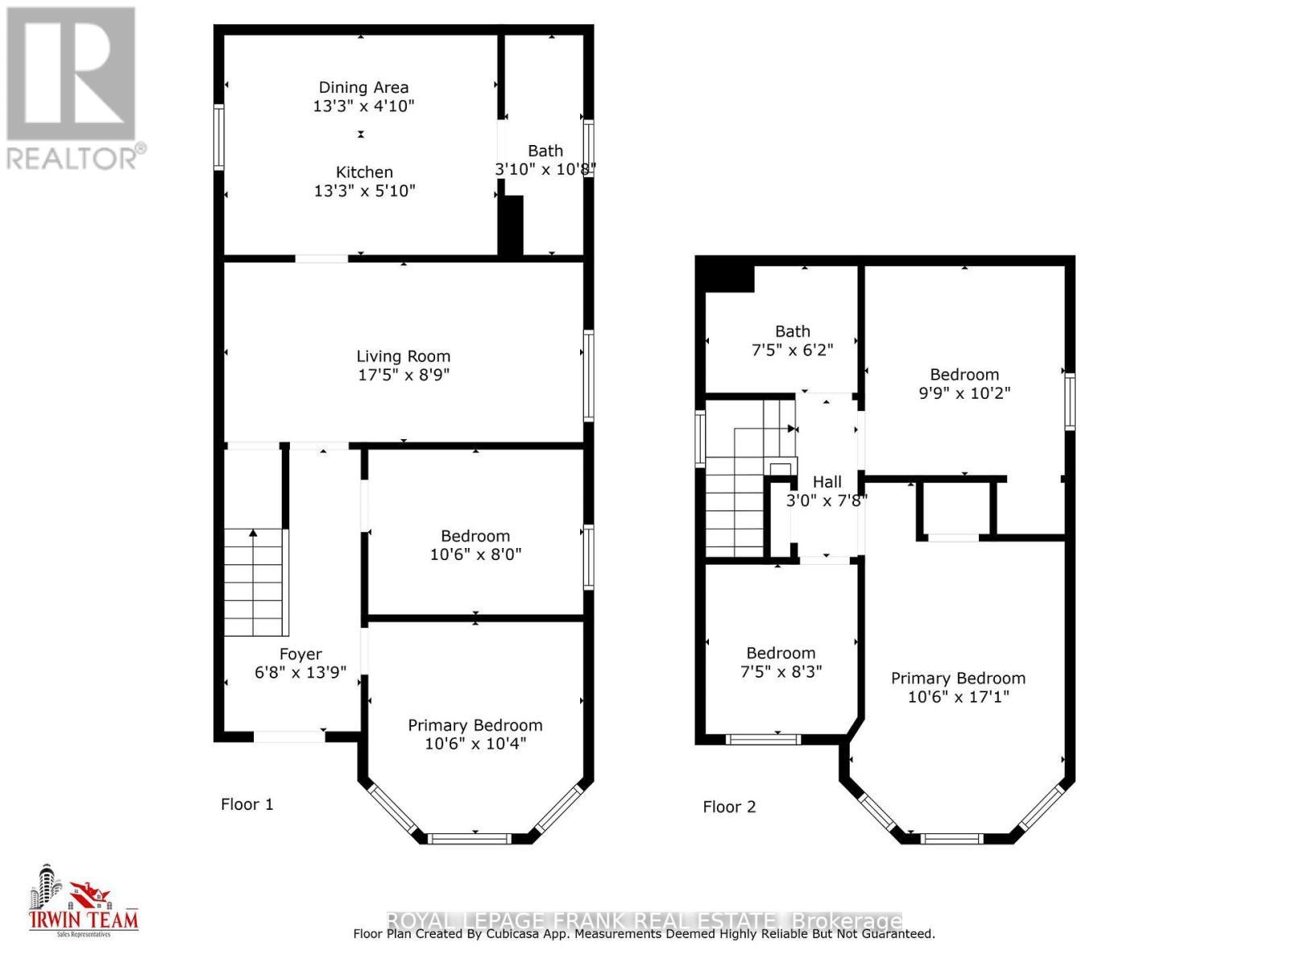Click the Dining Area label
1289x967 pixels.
coord(363,87)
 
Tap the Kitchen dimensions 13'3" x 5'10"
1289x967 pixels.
coord(364,191)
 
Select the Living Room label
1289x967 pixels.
coord(403,356)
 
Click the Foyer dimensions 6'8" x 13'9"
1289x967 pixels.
coord(300,673)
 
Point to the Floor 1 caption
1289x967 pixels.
coord(247,804)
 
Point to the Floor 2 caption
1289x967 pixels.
coord(729,807)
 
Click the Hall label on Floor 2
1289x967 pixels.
coord(827,482)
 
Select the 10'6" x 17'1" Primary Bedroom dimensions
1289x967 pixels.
coord(958,697)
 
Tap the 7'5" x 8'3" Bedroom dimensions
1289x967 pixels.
coord(781,671)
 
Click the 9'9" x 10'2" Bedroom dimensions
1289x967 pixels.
coord(964,393)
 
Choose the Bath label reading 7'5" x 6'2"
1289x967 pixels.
coord(793,331)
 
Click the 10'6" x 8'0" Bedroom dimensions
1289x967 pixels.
coord(475,554)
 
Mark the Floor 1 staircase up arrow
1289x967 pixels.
coord(253,533)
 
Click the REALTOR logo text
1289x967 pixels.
coord(77,157)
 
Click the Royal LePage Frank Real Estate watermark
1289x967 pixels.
coord(644,920)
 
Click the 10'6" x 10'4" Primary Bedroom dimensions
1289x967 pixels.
coord(475,743)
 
